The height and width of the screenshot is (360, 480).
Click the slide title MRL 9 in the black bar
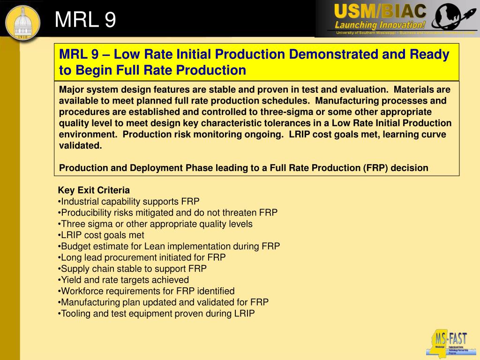85,20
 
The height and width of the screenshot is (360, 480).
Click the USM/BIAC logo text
380,11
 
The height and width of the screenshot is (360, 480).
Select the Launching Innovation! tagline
380,25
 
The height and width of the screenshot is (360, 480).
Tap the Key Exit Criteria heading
94,190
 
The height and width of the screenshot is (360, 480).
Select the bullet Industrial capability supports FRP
129,202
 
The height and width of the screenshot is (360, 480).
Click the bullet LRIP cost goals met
102,235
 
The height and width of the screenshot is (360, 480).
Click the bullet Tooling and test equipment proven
157,314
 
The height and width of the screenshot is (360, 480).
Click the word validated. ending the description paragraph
80,145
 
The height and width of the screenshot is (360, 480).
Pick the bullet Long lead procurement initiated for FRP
142,257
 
